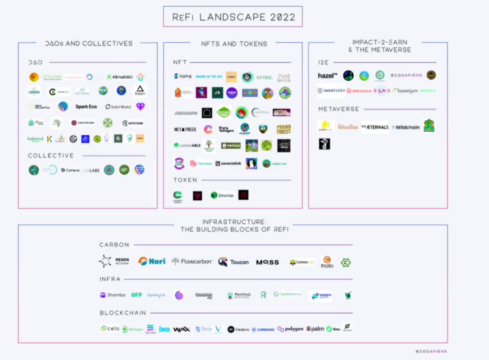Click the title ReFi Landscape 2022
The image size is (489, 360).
point(232,16)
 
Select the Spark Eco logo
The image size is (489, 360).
point(86,107)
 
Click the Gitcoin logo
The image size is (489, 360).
point(132,123)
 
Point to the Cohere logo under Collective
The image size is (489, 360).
point(70,170)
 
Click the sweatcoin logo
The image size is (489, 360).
point(331,90)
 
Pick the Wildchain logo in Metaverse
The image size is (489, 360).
point(405,127)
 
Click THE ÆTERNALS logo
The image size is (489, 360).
point(374,127)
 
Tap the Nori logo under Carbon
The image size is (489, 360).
point(151,261)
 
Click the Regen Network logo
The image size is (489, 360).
point(113,261)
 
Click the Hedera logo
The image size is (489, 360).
point(238,329)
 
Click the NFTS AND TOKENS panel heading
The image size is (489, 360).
point(234,43)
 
